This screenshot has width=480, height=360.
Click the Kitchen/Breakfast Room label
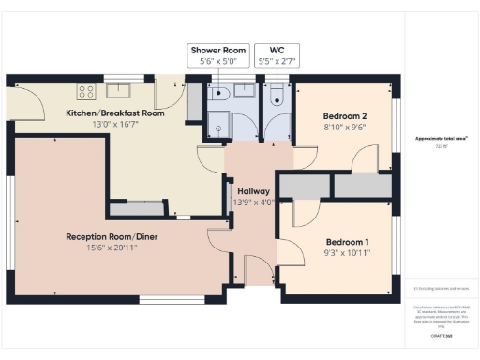coord(114,112)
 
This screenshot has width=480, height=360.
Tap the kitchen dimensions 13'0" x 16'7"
coord(114,125)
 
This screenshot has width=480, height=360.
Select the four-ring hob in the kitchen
coord(86,92)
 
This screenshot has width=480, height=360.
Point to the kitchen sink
coord(119,91)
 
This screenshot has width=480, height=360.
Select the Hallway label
coord(251,190)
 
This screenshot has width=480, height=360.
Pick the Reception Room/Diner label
coord(112,236)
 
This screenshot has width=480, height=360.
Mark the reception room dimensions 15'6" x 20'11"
coord(112,248)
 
